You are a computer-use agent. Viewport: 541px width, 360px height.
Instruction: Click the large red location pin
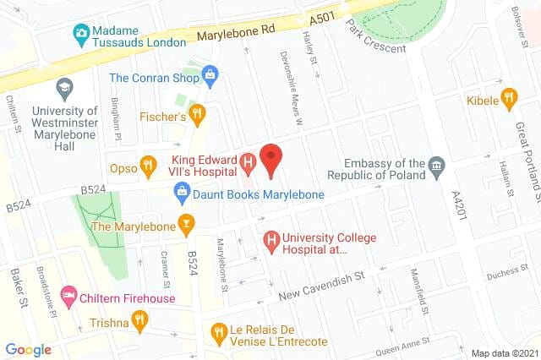pyautogui.click(x=270, y=159)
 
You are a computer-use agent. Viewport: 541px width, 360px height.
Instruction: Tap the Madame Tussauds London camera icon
pyautogui.click(x=81, y=34)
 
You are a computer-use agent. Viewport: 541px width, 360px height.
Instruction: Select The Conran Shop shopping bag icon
pyautogui.click(x=210, y=78)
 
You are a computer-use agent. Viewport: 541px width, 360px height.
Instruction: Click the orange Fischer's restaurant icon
pyautogui.click(x=197, y=112)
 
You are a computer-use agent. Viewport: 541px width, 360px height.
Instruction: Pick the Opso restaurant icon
pyautogui.click(x=148, y=165)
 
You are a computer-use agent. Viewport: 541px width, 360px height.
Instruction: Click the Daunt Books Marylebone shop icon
pyautogui.click(x=181, y=194)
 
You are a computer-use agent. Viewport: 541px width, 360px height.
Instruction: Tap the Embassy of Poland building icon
pyautogui.click(x=436, y=164)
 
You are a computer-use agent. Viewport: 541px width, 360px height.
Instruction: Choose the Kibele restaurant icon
pyautogui.click(x=508, y=99)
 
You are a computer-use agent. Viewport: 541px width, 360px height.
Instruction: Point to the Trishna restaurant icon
pyautogui.click(x=139, y=321)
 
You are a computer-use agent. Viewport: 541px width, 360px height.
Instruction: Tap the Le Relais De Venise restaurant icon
pyautogui.click(x=218, y=330)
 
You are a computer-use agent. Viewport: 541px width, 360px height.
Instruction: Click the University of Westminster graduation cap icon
pyautogui.click(x=64, y=86)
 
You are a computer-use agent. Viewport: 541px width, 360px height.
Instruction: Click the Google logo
pyautogui.click(x=28, y=350)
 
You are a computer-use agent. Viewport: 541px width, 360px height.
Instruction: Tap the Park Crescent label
pyautogui.click(x=376, y=36)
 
